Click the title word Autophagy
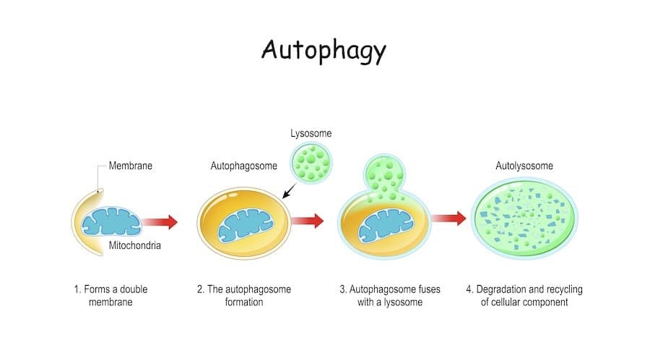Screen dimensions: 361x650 pos(324,51)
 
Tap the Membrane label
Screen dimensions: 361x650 pos(131,166)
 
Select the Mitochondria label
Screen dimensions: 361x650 pos(135,245)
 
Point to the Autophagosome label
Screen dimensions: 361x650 pos(244,166)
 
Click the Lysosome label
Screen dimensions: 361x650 pos(311,134)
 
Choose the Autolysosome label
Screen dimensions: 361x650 pos(524,166)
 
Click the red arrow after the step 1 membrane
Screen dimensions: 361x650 pos(159,221)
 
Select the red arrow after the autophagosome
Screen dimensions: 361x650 pos(307,221)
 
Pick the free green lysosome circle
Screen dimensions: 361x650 pos(311,163)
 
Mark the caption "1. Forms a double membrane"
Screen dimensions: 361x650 pos(110,295)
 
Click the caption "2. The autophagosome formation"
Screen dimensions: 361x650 pos(244,295)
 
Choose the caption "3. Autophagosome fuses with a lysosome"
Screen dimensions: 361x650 pos(389,295)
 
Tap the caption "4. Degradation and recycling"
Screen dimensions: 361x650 pos(524,295)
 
